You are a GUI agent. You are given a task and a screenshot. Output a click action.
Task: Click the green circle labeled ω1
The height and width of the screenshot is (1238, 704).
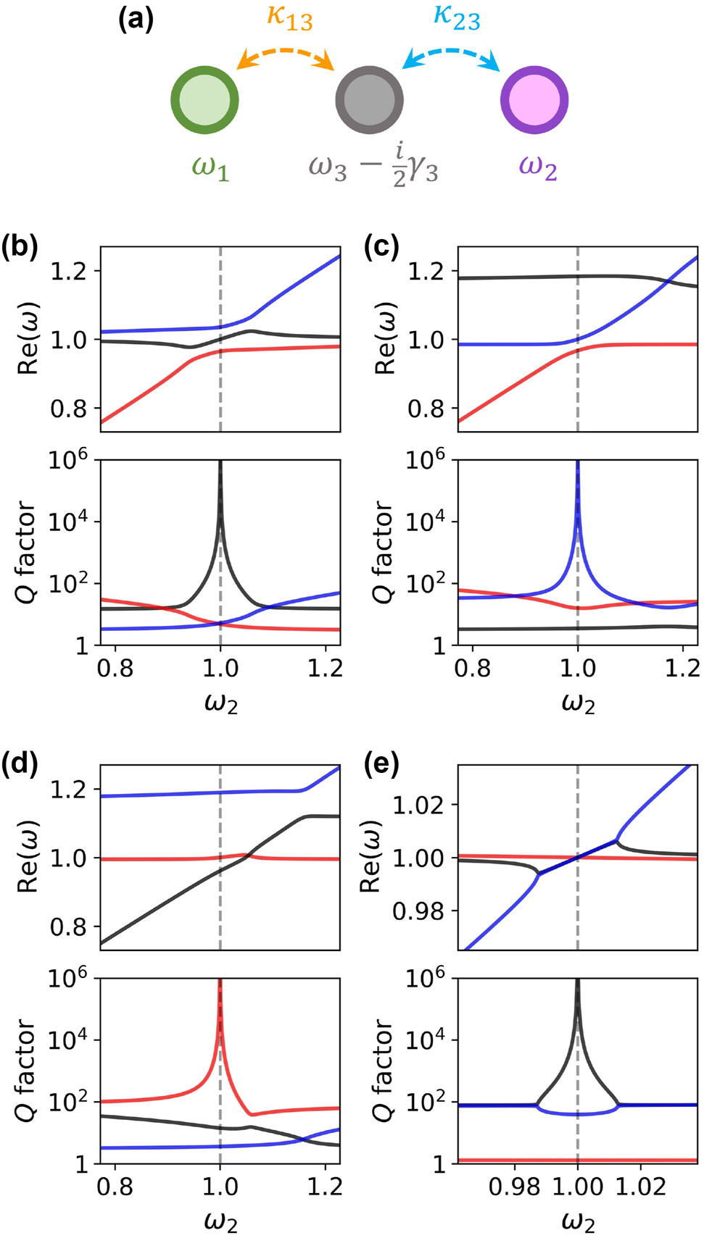click(x=204, y=101)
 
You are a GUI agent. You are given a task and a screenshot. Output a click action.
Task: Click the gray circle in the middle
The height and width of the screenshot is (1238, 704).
click(x=369, y=101)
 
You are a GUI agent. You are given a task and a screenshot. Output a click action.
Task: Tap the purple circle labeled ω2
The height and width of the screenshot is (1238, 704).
click(x=534, y=101)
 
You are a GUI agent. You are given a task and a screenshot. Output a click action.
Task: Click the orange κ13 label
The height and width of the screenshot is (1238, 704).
click(x=289, y=17)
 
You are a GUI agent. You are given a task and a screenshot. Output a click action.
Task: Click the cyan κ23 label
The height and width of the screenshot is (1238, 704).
click(x=456, y=17)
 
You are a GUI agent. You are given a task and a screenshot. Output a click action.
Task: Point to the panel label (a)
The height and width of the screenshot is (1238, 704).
click(x=136, y=18)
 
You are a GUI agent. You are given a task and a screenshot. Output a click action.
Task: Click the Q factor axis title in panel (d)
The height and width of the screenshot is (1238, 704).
click(x=26, y=1071)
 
